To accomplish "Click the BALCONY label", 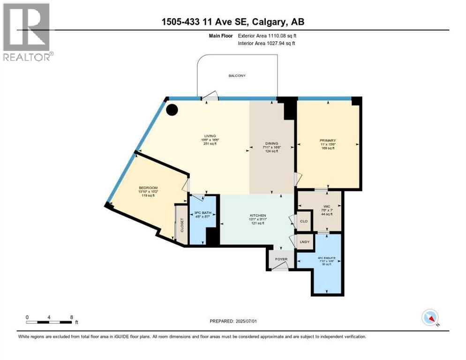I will click(x=237, y=75).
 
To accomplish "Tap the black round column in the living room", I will click(x=172, y=110).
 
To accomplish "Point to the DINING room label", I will click(x=271, y=143).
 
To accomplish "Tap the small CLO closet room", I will click(x=304, y=221).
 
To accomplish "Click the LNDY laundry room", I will click(x=304, y=242).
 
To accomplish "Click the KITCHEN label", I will click(x=258, y=216).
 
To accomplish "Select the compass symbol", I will click(x=429, y=318).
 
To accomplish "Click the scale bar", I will click(x=49, y=322).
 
